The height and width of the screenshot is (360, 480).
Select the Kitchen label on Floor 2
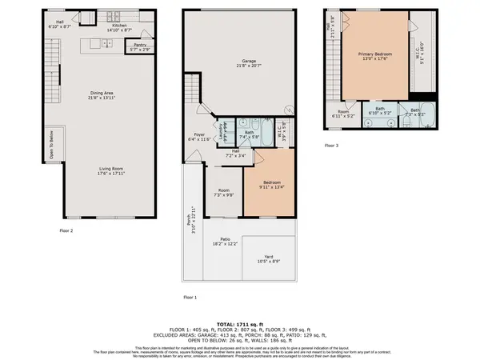[119, 27]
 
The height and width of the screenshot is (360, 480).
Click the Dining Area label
[102, 96]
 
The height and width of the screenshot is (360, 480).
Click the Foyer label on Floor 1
[201, 136]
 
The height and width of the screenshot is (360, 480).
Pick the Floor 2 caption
[66, 230]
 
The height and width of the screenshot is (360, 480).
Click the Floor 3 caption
[331, 146]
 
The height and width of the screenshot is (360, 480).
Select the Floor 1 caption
[190, 296]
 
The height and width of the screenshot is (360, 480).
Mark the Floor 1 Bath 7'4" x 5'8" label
[250, 134]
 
